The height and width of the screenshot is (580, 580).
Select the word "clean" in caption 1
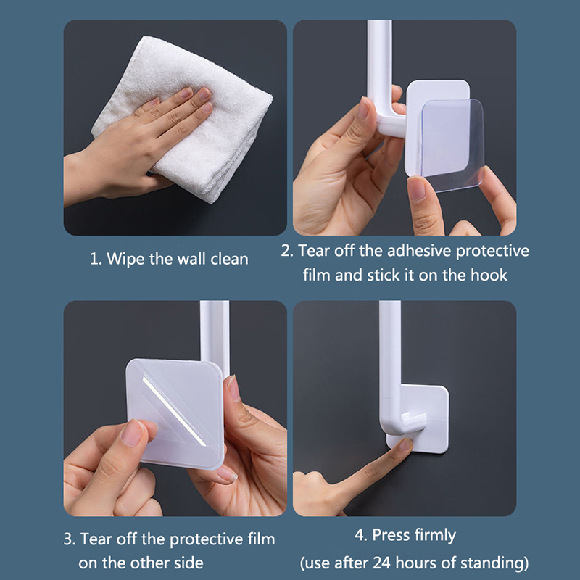point(229,259)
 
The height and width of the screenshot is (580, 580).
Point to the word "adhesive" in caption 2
point(419,251)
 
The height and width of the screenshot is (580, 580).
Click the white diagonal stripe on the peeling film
point(174,411)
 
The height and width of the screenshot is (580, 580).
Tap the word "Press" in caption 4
point(391,535)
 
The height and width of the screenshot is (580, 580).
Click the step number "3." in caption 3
point(69,539)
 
